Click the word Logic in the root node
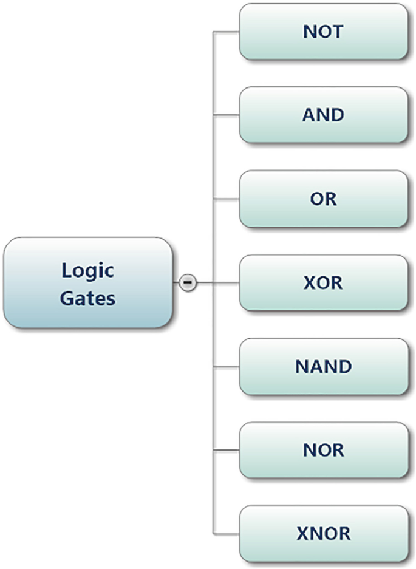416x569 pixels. click(x=87, y=270)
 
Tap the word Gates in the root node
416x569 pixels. click(x=87, y=298)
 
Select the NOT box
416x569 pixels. click(x=323, y=32)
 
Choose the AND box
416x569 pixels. click(x=323, y=115)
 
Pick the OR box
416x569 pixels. click(x=323, y=199)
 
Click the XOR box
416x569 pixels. click(x=323, y=283)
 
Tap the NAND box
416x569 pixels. click(x=323, y=367)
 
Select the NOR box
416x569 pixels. click(x=323, y=451)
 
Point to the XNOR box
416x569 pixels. click(x=323, y=534)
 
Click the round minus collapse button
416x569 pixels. click(x=188, y=282)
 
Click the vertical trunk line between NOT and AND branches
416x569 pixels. click(x=213, y=73)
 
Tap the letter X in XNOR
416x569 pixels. click(x=303, y=534)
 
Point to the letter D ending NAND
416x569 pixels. click(x=344, y=367)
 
